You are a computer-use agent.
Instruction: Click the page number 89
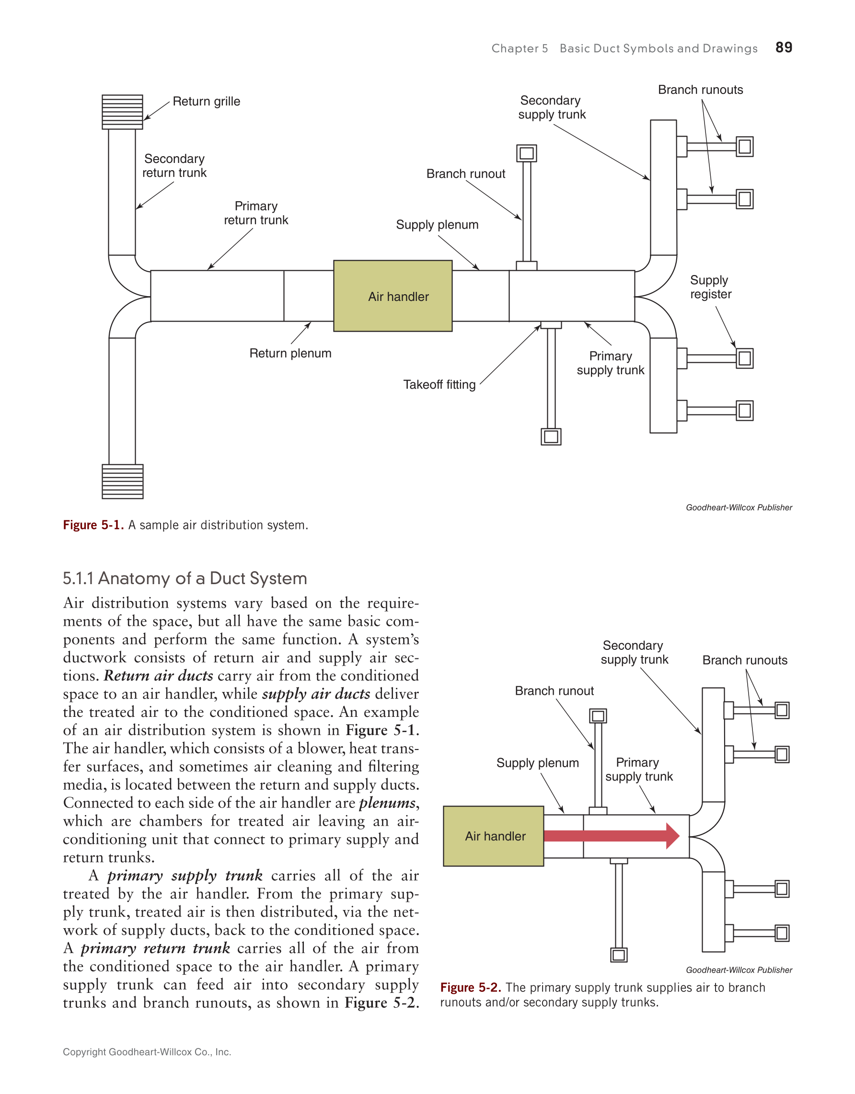(784, 47)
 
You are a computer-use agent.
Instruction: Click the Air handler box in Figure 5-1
(393, 296)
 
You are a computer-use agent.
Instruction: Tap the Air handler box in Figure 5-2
(493, 836)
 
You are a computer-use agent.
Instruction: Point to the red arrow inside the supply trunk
(611, 836)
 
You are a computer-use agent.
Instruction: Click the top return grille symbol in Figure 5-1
(122, 112)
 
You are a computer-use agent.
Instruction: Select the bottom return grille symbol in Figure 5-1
(122, 482)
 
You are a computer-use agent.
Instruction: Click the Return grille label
(207, 102)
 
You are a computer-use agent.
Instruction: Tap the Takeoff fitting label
(439, 385)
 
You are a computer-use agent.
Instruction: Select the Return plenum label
(290, 354)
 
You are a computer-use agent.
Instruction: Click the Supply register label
(710, 287)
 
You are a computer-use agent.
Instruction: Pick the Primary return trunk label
(256, 213)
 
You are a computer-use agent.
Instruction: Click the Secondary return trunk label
(174, 166)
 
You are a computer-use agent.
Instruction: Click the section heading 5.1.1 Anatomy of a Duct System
(185, 578)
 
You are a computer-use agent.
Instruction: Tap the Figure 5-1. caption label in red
(93, 525)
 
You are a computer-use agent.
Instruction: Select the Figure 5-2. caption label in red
(470, 987)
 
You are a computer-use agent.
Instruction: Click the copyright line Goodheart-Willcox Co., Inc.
(147, 1052)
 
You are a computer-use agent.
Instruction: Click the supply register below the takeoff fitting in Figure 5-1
(551, 437)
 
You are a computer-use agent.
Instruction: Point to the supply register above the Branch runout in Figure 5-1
(526, 153)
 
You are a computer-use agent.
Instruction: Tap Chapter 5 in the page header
(520, 48)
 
